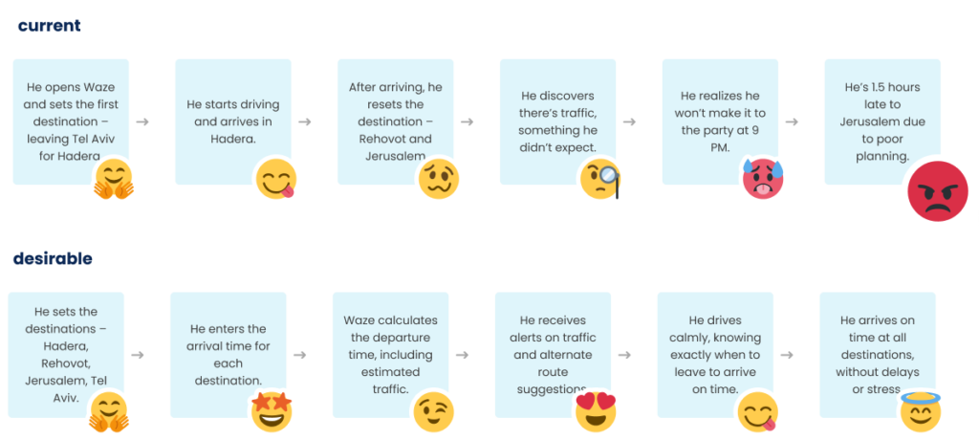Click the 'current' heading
click(49, 26)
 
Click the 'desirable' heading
click(53, 259)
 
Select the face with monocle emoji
click(600, 180)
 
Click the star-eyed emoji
click(272, 410)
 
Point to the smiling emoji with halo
click(920, 410)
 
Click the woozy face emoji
click(438, 179)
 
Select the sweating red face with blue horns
click(763, 179)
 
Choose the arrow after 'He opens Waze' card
click(142, 121)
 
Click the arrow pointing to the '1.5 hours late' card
click(793, 121)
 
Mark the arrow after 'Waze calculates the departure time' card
click(463, 355)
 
